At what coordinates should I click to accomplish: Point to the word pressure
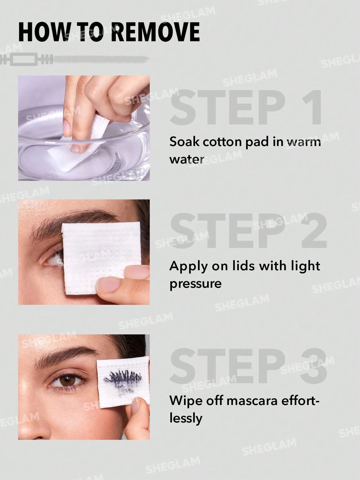pos(195,284)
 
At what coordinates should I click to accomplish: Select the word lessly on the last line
pos(186,418)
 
